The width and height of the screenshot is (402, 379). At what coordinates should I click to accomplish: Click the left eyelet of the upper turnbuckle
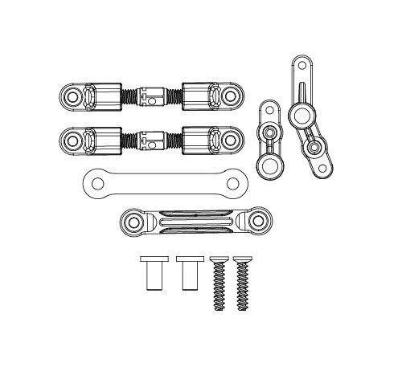[72, 96]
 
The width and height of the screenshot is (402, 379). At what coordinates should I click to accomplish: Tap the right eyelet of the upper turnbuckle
[230, 96]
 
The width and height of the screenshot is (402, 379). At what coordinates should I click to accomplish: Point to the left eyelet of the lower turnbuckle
[72, 141]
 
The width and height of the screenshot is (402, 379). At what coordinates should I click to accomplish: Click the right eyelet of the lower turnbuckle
[230, 141]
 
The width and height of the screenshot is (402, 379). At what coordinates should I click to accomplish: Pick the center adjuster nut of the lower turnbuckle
[150, 140]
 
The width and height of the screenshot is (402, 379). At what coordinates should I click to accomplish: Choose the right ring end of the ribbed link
[257, 219]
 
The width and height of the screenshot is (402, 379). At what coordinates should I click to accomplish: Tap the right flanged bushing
[187, 274]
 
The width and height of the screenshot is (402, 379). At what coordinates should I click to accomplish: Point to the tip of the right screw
[242, 307]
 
